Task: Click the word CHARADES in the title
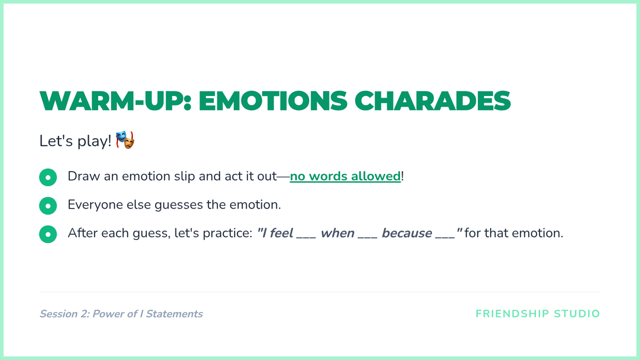pos(433,101)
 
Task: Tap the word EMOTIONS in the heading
pos(273,101)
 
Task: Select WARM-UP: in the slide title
pos(115,101)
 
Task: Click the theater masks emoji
pos(125,140)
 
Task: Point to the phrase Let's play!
pos(75,141)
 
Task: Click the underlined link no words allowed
pos(345,176)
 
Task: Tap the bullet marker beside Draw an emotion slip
pos(48,178)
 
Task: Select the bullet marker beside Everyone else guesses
pos(48,206)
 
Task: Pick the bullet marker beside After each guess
pos(48,234)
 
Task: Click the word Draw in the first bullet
pos(84,176)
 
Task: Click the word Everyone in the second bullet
pos(95,205)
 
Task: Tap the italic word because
pos(407,233)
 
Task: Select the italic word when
pos(338,233)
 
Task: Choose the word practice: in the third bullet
pos(228,234)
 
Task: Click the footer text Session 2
pos(65,314)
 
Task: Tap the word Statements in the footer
pos(174,314)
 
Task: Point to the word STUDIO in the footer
pos(577,314)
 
